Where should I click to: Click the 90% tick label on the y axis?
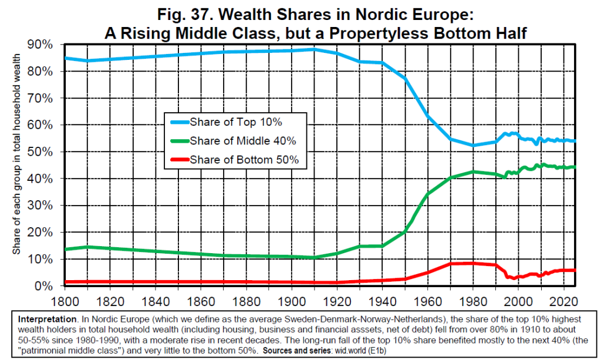point(39,45)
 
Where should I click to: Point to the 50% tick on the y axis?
point(39,152)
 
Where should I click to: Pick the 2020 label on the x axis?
point(563,300)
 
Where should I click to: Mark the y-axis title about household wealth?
point(17,155)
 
